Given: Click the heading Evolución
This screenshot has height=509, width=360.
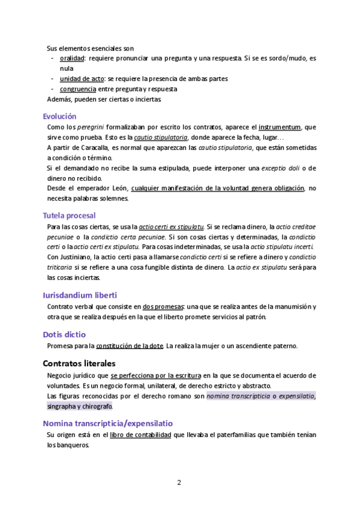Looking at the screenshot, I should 59,116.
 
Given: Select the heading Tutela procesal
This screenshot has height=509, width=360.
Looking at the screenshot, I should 69,215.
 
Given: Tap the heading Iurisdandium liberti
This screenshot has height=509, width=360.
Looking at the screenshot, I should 80,295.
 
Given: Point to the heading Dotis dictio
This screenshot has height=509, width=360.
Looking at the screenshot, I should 64,334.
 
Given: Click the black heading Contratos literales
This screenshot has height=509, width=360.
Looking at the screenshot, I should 79,363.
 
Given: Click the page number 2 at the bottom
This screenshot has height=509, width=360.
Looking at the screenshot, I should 179,482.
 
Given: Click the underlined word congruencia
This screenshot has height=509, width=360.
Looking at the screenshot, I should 78,89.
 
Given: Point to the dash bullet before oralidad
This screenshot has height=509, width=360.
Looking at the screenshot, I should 53,58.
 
